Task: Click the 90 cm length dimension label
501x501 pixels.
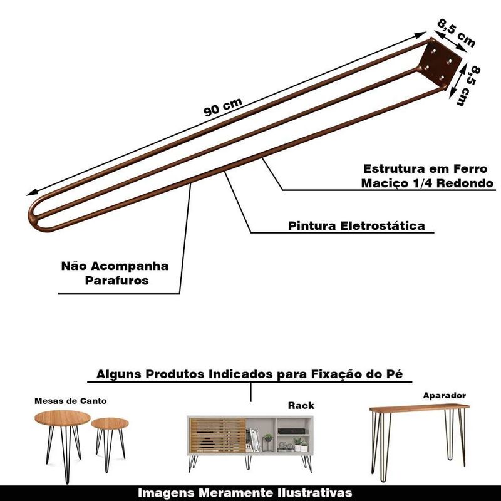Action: point(223,108)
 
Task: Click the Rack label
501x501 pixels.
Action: point(301,405)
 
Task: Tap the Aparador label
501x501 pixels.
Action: point(444,395)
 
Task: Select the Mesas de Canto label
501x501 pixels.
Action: point(71,400)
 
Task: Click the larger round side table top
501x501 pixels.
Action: point(61,418)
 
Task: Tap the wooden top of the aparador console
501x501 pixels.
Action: point(419,408)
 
